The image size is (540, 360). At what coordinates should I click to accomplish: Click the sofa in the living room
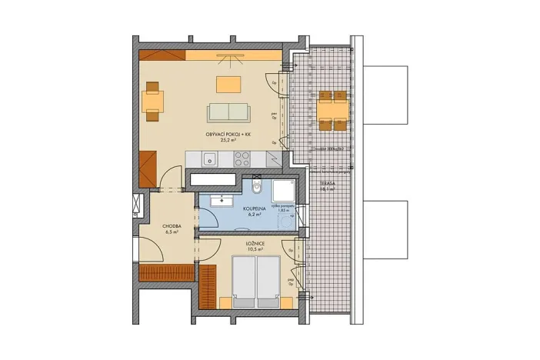229,112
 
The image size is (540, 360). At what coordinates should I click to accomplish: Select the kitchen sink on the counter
208,160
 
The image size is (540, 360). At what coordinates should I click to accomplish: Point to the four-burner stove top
242,160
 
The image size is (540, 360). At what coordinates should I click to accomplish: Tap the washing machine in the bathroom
285,222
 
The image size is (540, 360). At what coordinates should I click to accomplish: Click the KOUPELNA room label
255,208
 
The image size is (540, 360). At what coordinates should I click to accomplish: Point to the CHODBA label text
172,226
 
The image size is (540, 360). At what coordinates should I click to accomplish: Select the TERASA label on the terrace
327,185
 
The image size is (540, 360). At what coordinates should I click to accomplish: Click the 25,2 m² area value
228,142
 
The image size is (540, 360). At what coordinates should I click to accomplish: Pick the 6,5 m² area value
172,232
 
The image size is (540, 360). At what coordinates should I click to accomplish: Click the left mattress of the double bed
244,282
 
